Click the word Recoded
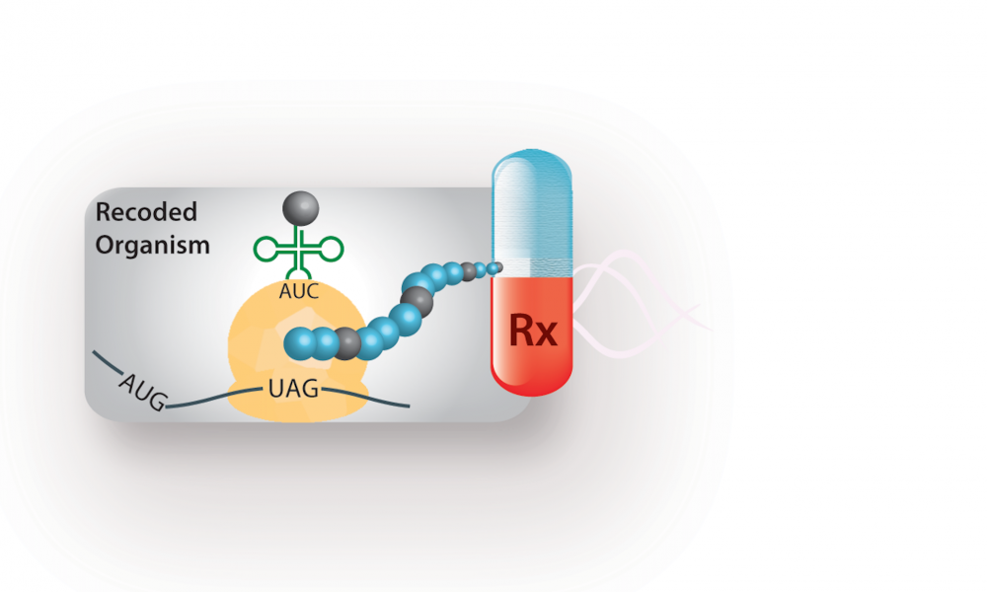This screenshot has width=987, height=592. coord(146,212)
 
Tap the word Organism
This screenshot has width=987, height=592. coord(152,245)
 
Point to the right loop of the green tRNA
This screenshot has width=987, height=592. coord(331,250)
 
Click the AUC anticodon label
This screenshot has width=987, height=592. coord(299,291)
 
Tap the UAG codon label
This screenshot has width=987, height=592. coord(293,389)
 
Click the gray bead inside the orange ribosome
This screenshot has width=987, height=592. coord(346,343)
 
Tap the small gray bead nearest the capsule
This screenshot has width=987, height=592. coord(468,271)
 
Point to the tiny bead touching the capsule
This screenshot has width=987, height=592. coord(495,268)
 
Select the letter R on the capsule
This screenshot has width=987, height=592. coord(521,329)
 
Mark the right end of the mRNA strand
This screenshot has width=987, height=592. coord(410,407)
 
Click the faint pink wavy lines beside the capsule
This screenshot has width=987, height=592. coord(636,303)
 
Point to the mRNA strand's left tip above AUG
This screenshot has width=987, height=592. coord(94,352)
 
